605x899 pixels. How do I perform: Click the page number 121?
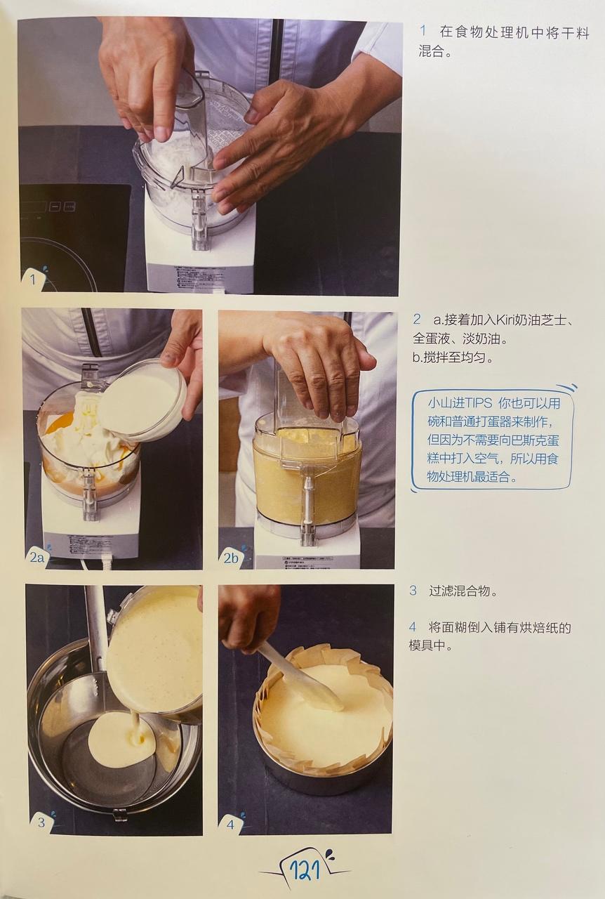(x=306, y=872)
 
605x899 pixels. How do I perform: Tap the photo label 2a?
(x=37, y=558)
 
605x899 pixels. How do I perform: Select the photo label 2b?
(x=232, y=558)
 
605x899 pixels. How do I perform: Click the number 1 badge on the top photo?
(x=32, y=279)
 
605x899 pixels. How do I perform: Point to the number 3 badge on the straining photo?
(x=41, y=822)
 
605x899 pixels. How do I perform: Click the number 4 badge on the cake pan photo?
(x=231, y=824)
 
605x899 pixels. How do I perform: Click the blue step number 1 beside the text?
(x=423, y=32)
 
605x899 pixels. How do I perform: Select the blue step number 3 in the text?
(x=413, y=591)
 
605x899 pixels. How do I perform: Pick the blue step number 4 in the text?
(x=413, y=627)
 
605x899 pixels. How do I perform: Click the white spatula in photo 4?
(x=302, y=681)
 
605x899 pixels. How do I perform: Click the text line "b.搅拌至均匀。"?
(x=452, y=357)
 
